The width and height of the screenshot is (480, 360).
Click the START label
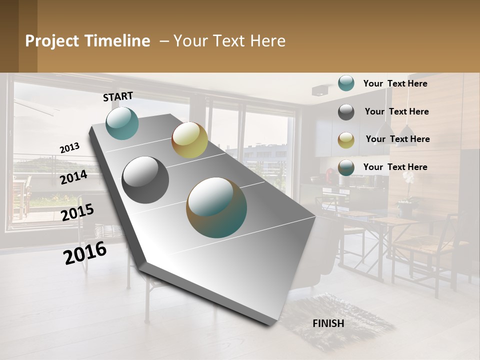[x=118, y=96]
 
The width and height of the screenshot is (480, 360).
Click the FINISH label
[x=328, y=323]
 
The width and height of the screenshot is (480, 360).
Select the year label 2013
[x=70, y=147]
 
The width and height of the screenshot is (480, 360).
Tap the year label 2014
[x=74, y=177]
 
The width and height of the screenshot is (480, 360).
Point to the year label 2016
[x=85, y=252]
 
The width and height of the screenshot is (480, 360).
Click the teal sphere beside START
[x=122, y=123]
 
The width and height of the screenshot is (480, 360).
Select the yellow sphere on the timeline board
[x=189, y=140]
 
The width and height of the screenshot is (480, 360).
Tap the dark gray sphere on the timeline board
[x=145, y=179]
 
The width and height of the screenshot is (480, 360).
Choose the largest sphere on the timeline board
[x=216, y=207]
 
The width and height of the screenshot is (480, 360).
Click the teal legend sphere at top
[x=346, y=83]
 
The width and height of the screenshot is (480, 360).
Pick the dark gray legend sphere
[x=346, y=111]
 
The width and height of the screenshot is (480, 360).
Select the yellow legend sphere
[x=346, y=139]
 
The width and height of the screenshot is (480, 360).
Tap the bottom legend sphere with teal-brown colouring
[x=346, y=167]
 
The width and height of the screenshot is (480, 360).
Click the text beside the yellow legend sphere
[x=397, y=139]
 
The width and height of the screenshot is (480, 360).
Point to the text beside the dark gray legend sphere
[x=396, y=111]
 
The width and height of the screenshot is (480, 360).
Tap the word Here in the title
[x=267, y=41]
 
